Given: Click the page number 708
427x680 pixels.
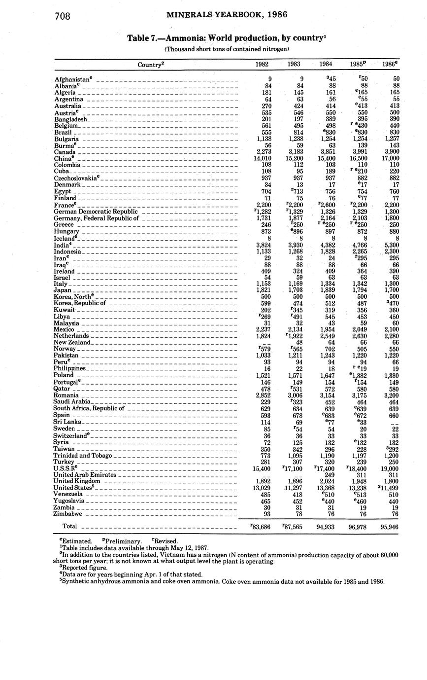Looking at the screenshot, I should [63, 16].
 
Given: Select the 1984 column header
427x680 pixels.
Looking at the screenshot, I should [326, 64].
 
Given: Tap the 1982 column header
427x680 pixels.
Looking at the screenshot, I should [262, 64].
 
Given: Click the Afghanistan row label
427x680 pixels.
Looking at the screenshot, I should [73, 79].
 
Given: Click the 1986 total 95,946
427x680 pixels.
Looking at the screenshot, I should [388, 527].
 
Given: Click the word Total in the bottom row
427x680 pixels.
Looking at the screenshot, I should [70, 527].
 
